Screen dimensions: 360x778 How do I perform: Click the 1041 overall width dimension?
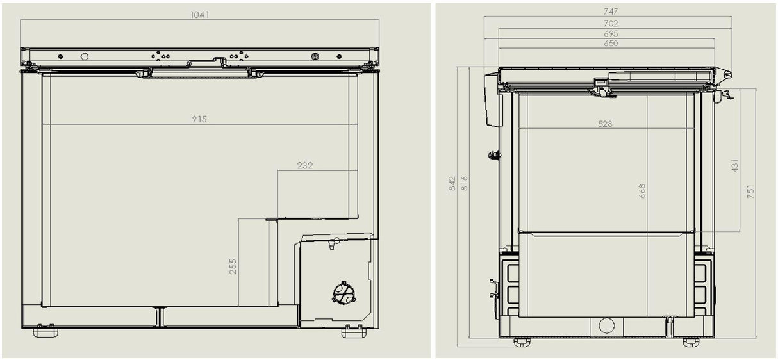[199, 14]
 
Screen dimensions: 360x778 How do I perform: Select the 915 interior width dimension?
[199, 119]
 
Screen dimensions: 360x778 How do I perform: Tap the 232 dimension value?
[305, 165]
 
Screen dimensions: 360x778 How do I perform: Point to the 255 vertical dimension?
[233, 266]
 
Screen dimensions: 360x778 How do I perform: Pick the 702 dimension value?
[611, 23]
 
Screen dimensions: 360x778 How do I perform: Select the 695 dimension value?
[611, 33]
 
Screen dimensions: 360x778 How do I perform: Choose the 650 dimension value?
[611, 44]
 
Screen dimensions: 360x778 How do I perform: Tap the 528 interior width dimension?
[605, 124]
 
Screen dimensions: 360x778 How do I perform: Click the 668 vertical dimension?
[642, 191]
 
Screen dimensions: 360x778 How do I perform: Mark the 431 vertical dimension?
[735, 165]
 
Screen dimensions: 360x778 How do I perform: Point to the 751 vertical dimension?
[750, 191]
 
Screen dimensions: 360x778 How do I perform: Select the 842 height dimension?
[452, 184]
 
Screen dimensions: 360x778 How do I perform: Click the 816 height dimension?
[464, 184]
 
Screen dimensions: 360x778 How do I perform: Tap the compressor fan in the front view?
[343, 293]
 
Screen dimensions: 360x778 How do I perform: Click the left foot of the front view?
[46, 331]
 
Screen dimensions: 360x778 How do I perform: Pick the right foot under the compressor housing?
[353, 331]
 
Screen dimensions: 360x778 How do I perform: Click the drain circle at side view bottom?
[606, 325]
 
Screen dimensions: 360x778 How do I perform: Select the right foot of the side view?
[690, 342]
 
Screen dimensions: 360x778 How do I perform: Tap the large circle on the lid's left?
[84, 56]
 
